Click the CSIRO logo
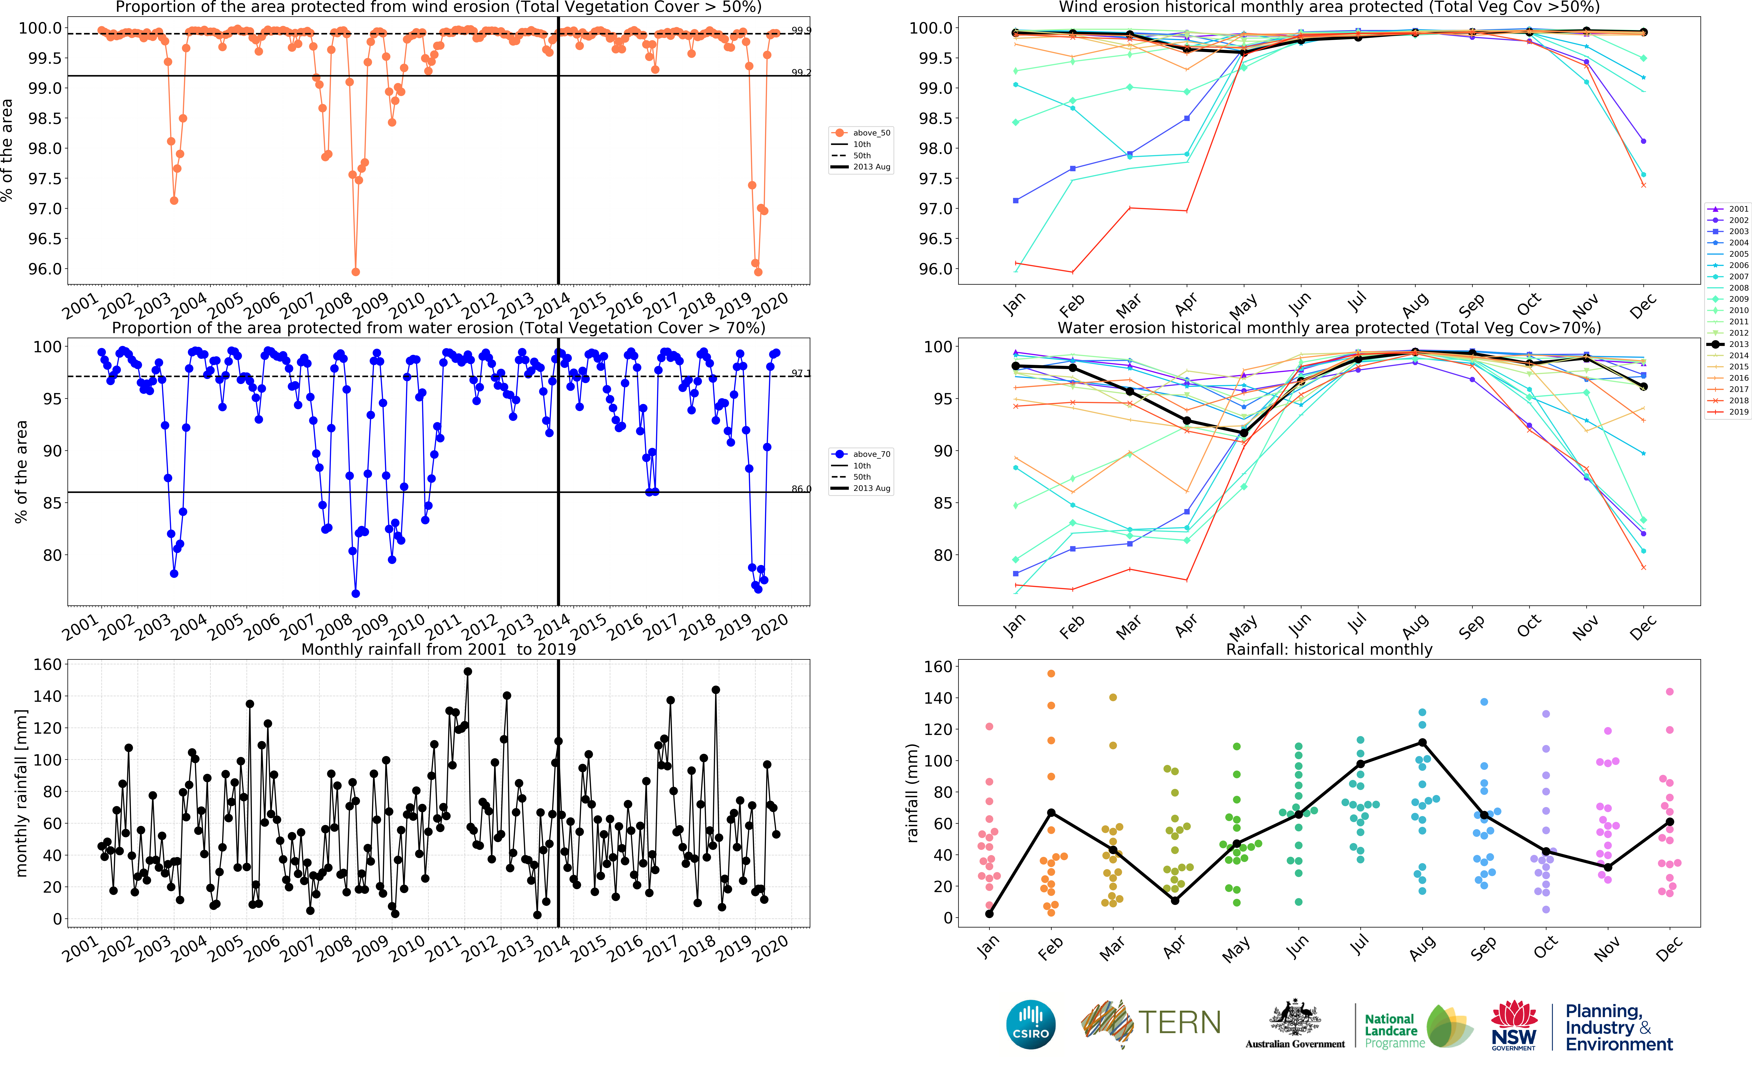point(1030,1024)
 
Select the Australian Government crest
point(1295,1018)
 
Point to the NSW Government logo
point(1513,1024)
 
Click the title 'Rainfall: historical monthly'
point(1329,649)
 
